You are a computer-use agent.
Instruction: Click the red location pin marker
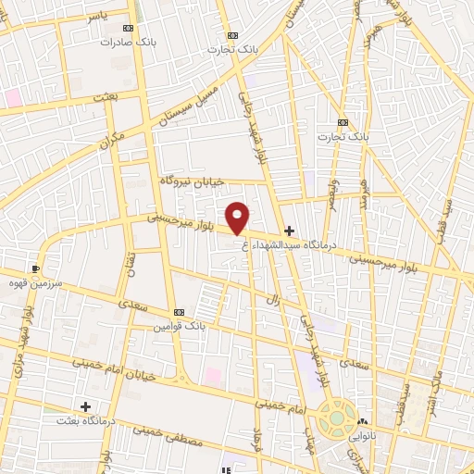click(239, 218)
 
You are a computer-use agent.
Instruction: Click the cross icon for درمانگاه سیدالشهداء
click(290, 231)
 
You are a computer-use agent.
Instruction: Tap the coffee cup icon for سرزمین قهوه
click(36, 268)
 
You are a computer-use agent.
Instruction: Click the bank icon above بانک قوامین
click(179, 313)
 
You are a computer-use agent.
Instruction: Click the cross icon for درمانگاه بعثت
click(85, 405)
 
